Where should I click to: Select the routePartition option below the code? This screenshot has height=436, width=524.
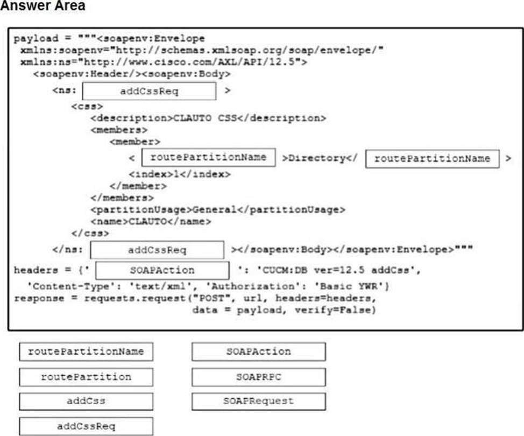pos(86,377)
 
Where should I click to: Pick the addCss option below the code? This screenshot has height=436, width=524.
pos(86,402)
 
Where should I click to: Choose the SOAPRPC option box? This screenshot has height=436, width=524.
pos(258,377)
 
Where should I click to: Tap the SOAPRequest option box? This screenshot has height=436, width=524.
pos(258,402)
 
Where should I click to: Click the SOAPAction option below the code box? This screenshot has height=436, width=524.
pos(258,351)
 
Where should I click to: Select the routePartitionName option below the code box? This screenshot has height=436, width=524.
pos(86,351)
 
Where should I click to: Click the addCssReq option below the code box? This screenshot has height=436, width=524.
pos(86,426)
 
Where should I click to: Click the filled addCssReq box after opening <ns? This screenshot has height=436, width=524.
pos(149,91)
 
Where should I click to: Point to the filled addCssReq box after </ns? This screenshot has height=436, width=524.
pos(157,250)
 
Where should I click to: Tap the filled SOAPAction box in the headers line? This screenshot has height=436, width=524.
pos(162,270)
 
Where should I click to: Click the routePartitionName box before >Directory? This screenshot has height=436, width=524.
pos(208,157)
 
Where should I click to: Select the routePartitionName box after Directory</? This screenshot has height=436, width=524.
pos(432,158)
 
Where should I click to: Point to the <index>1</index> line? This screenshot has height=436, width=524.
pos(180,174)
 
